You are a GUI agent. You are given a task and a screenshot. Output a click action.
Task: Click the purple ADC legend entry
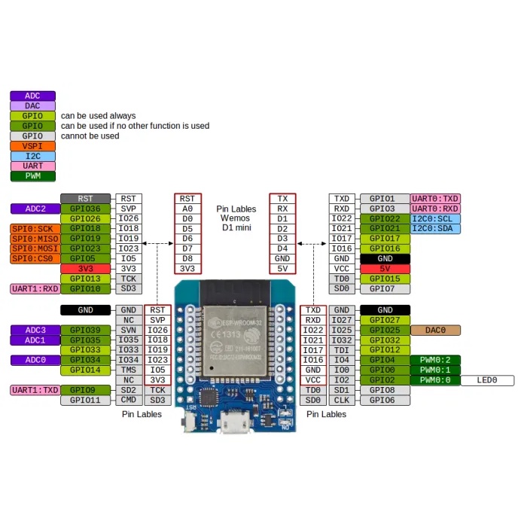[x=32, y=96]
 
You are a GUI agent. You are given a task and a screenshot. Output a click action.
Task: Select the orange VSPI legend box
[x=32, y=146]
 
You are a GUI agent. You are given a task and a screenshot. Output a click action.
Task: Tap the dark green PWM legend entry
[x=32, y=176]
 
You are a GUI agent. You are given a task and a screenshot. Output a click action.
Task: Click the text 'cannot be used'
[x=90, y=136]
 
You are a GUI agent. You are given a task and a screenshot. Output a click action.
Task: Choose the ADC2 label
[x=35, y=209]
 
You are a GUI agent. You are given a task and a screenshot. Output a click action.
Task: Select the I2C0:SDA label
[x=435, y=228]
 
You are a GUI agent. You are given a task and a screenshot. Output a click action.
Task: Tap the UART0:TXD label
[x=435, y=199]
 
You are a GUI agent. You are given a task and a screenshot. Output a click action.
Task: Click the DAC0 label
[x=435, y=330]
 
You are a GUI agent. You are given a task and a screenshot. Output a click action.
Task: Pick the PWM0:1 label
[x=435, y=370]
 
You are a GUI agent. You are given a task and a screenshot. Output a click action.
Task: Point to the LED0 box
[x=487, y=380]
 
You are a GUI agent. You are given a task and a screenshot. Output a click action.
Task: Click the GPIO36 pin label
[x=85, y=209]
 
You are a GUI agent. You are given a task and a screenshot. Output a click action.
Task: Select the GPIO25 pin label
[x=385, y=330]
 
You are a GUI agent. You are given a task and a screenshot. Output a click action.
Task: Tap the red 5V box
[x=385, y=268]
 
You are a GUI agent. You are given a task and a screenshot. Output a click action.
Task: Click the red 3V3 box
[x=85, y=268]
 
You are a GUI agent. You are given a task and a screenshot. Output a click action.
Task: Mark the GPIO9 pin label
[x=85, y=390]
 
